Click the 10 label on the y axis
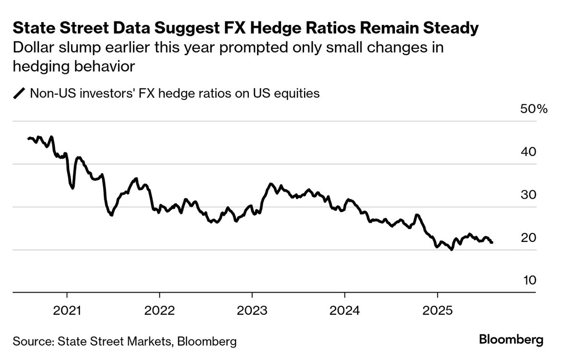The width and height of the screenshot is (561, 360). pos(529,280)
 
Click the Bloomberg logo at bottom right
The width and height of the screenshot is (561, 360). pos(512,340)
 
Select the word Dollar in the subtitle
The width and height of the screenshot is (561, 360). pos(33,48)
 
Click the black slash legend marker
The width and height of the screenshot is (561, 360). pos(20,93)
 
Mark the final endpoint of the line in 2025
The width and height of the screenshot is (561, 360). pos(491,242)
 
